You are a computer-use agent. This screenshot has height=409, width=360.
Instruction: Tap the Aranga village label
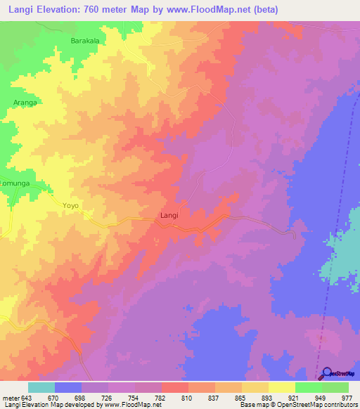click(25, 103)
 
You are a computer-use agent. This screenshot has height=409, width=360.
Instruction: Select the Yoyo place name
click(71, 206)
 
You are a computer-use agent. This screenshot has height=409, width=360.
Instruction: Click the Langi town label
click(169, 215)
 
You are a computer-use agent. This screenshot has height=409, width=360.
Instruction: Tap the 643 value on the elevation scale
click(27, 398)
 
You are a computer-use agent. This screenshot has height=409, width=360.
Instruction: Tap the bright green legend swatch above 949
click(308, 387)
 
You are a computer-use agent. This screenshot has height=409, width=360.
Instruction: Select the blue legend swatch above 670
click(67, 387)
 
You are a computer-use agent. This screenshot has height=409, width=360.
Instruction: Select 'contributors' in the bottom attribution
click(340, 405)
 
